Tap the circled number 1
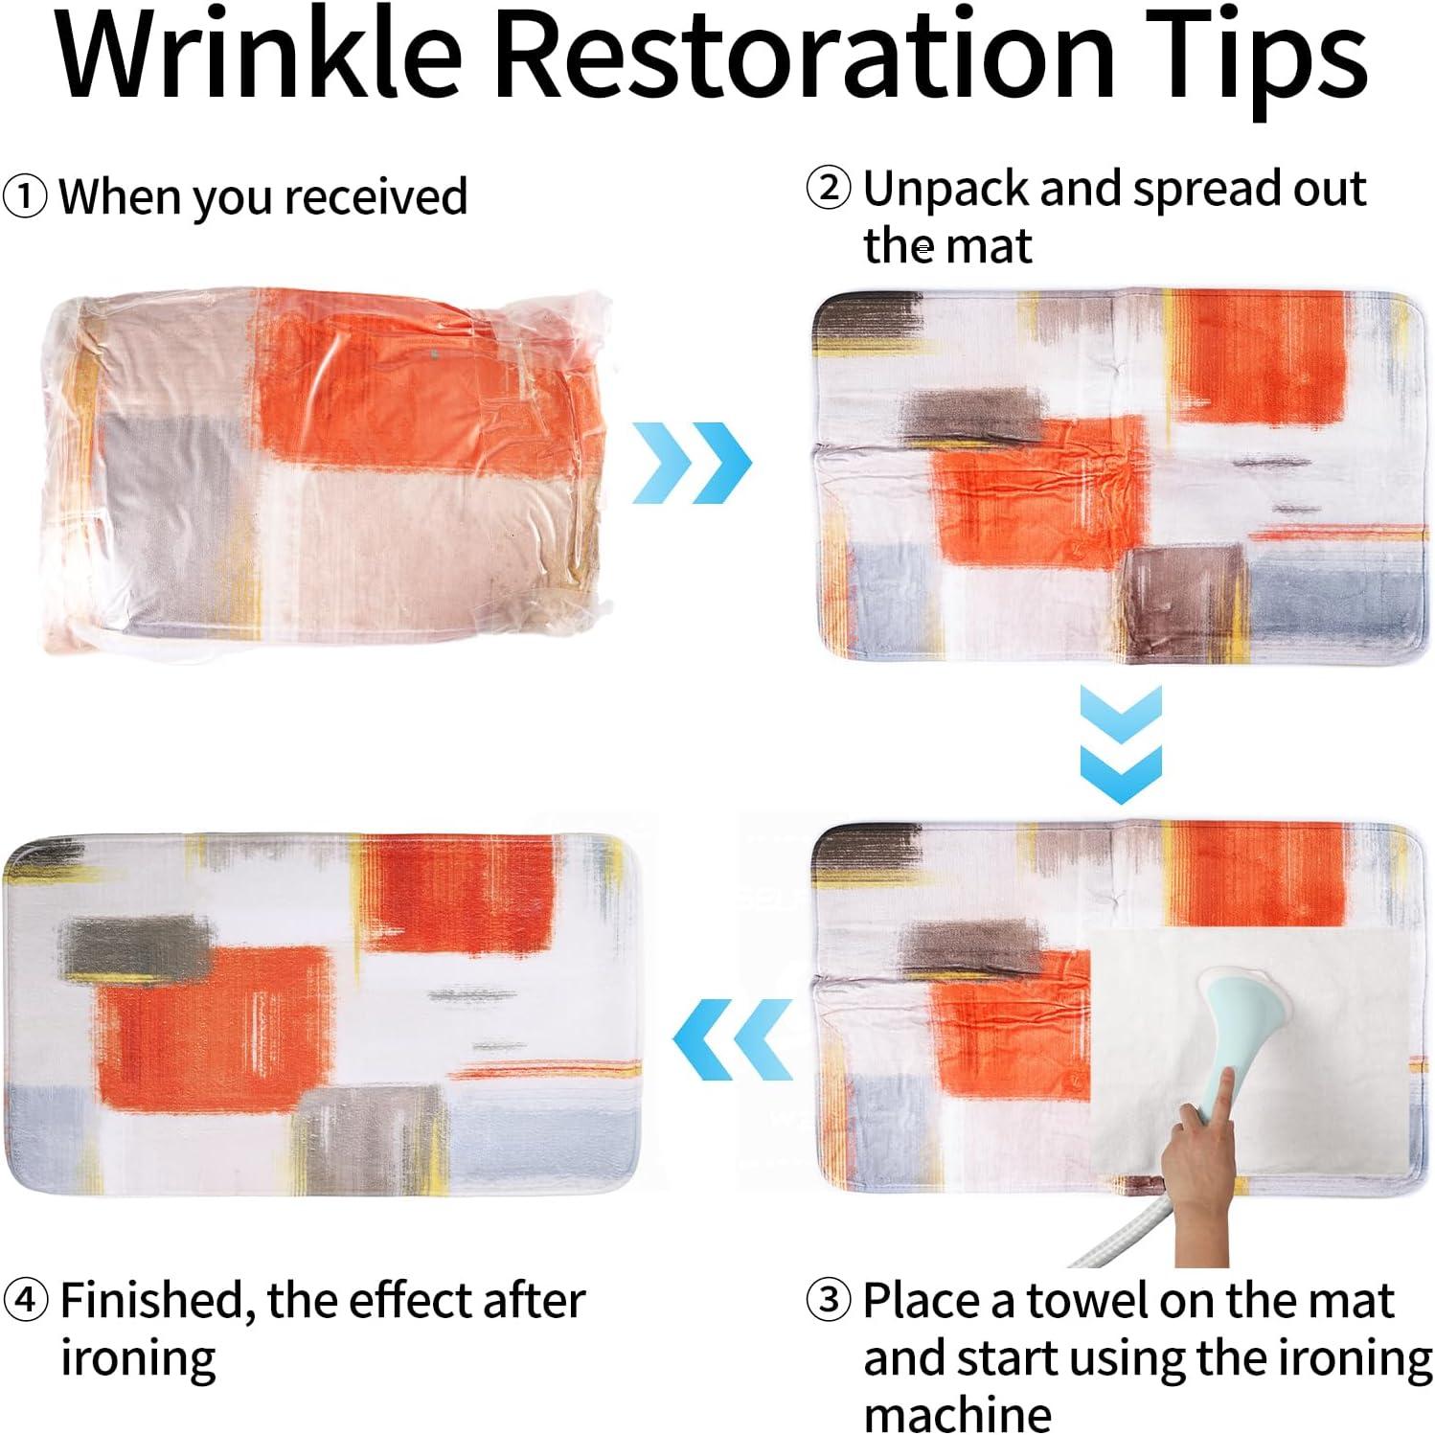pos(24,197)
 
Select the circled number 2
pos(829,188)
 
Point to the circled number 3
pos(829,1300)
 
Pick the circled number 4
pos(25,1300)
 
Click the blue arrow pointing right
pos(692,463)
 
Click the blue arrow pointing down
pos(1121,744)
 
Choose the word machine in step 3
pos(957,1413)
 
